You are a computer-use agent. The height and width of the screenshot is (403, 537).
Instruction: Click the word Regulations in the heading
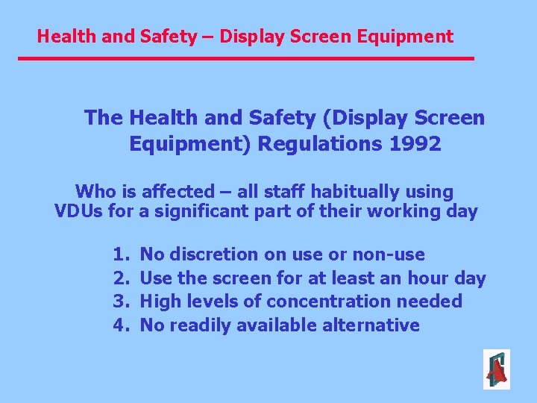(x=320, y=143)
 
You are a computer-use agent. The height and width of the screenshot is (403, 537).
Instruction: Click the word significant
(x=207, y=211)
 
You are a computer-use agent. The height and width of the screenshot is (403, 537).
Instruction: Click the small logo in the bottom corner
(x=496, y=369)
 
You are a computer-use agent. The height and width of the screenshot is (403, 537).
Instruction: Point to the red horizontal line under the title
(x=246, y=57)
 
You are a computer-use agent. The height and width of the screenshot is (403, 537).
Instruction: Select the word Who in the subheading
(x=96, y=192)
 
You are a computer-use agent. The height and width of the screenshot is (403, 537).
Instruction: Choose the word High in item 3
(x=158, y=302)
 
